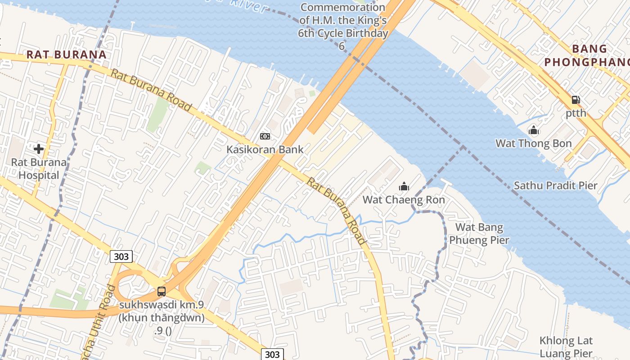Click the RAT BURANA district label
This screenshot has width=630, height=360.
point(66,55)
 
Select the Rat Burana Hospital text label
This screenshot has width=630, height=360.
point(39,169)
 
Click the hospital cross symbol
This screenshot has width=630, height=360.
point(39,148)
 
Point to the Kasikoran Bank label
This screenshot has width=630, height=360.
point(265,149)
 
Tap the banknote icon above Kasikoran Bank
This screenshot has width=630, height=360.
point(265,136)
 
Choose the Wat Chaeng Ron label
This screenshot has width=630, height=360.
point(404,200)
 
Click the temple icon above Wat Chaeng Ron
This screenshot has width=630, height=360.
point(404,186)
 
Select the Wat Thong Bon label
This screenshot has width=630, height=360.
point(533,144)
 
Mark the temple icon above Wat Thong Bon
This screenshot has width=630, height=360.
point(534,130)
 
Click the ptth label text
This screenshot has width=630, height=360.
point(576,113)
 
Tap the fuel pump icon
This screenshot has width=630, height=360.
point(576,100)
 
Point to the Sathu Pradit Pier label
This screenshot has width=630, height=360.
point(555,185)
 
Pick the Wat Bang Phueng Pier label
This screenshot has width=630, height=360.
point(479,234)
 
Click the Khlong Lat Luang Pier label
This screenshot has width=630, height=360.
point(566,347)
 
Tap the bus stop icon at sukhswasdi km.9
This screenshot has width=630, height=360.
point(161,292)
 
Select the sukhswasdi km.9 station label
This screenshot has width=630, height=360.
point(162,311)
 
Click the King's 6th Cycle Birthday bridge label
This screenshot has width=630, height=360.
point(343,27)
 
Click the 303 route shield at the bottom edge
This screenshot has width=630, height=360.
point(272,354)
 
